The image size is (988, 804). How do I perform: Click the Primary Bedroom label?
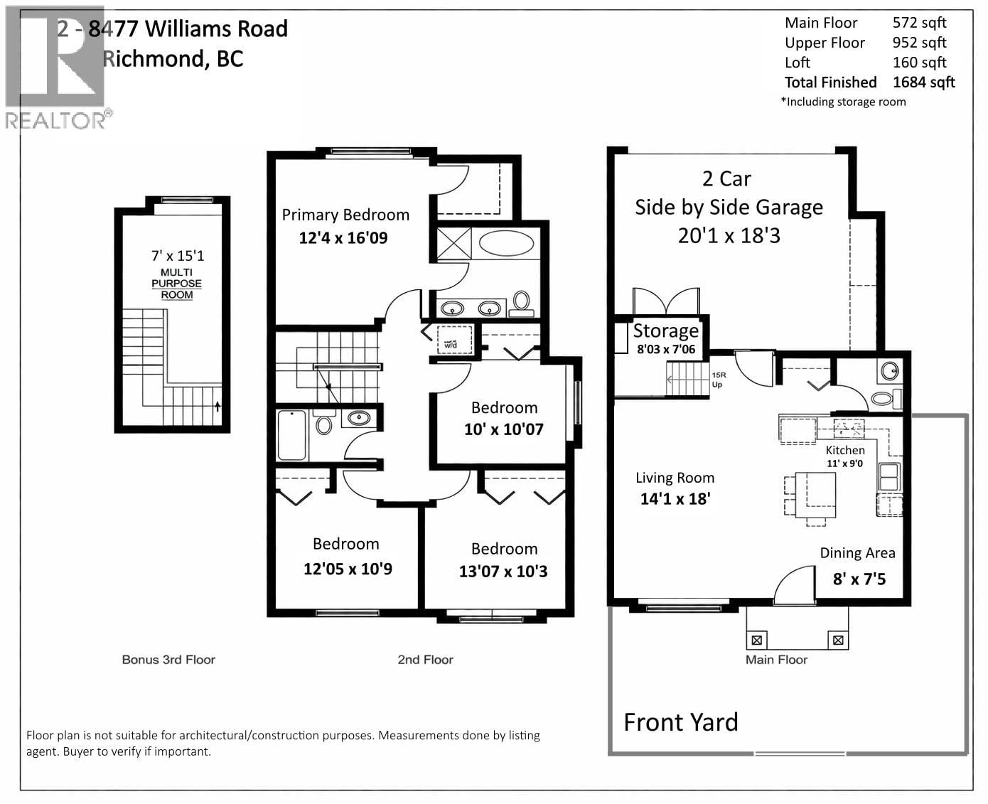tap(345, 215)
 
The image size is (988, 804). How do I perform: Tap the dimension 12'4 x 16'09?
tap(343, 237)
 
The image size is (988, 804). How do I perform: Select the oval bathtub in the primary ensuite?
tap(505, 243)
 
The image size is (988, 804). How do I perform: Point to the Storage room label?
tap(665, 331)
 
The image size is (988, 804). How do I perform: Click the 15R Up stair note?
tap(718, 380)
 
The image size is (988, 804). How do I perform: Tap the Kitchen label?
tap(845, 450)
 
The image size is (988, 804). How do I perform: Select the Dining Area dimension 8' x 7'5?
tap(859, 579)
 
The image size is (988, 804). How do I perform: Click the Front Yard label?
tap(680, 722)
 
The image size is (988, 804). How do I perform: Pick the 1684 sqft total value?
tap(923, 82)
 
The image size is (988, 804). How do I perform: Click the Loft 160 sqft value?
tap(919, 63)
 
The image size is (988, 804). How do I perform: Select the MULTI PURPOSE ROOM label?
tap(176, 284)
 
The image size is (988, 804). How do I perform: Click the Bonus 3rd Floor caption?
tap(168, 660)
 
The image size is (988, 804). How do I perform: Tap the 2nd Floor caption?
tap(425, 660)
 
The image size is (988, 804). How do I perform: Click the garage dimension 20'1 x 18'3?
tap(729, 235)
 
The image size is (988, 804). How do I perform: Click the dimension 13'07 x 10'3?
tap(503, 572)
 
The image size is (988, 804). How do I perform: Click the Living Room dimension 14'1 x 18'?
tap(675, 498)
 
